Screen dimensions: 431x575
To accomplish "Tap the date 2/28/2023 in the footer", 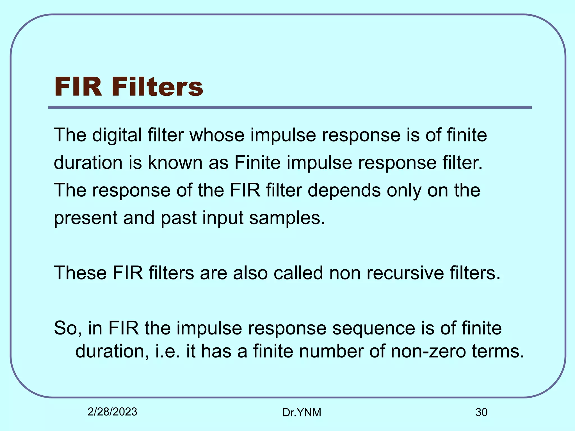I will click(x=112, y=412).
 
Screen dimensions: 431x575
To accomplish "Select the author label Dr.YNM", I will click(x=302, y=412).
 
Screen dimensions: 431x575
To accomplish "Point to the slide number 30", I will click(x=481, y=412).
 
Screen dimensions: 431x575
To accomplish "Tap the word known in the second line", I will click(x=175, y=163).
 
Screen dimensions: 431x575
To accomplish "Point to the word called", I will click(x=298, y=273).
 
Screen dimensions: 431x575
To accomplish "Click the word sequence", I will click(x=373, y=328).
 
